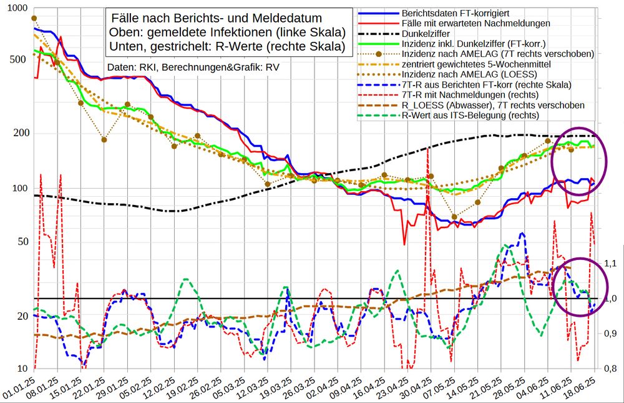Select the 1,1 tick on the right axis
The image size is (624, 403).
pos(610,264)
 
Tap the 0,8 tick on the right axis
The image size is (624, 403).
pos(610,369)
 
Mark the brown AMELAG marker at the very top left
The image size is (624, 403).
pos(34,19)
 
